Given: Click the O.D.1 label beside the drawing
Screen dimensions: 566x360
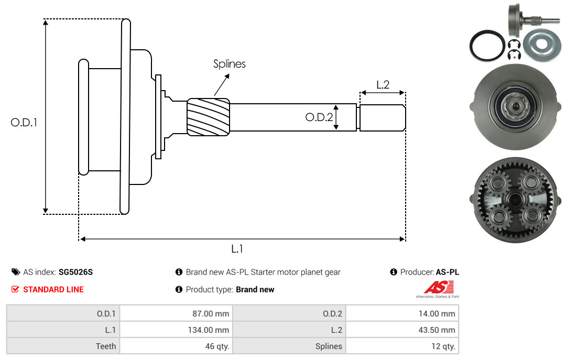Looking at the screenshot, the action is click(x=24, y=123).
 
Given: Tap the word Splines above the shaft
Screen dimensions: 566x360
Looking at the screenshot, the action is click(x=229, y=64).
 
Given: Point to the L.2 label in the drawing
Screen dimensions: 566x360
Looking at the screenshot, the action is click(x=383, y=85).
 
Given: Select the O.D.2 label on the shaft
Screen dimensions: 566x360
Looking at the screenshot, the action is click(x=319, y=117).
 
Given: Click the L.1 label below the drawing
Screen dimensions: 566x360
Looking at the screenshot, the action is click(x=237, y=249).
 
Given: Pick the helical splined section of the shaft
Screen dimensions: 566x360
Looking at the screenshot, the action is click(x=208, y=117).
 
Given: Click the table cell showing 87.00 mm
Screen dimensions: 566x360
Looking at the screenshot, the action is click(x=176, y=313).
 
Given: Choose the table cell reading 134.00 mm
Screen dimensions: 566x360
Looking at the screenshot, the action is click(x=176, y=330).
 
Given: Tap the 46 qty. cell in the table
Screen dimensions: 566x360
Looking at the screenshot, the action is click(x=176, y=346).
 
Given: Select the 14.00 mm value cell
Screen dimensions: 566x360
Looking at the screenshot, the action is click(x=402, y=313).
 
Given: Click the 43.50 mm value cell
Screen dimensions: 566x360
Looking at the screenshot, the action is click(x=402, y=330).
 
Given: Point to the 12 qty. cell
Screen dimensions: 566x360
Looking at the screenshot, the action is click(x=402, y=346).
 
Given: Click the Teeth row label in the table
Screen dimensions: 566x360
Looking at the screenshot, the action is click(x=106, y=346).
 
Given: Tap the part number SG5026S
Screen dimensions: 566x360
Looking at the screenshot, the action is click(x=76, y=272).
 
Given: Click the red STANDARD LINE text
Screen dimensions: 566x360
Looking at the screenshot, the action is click(x=53, y=290).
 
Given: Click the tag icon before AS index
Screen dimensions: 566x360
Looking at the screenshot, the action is click(x=16, y=272).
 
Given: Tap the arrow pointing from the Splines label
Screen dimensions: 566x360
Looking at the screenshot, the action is click(x=222, y=85).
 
